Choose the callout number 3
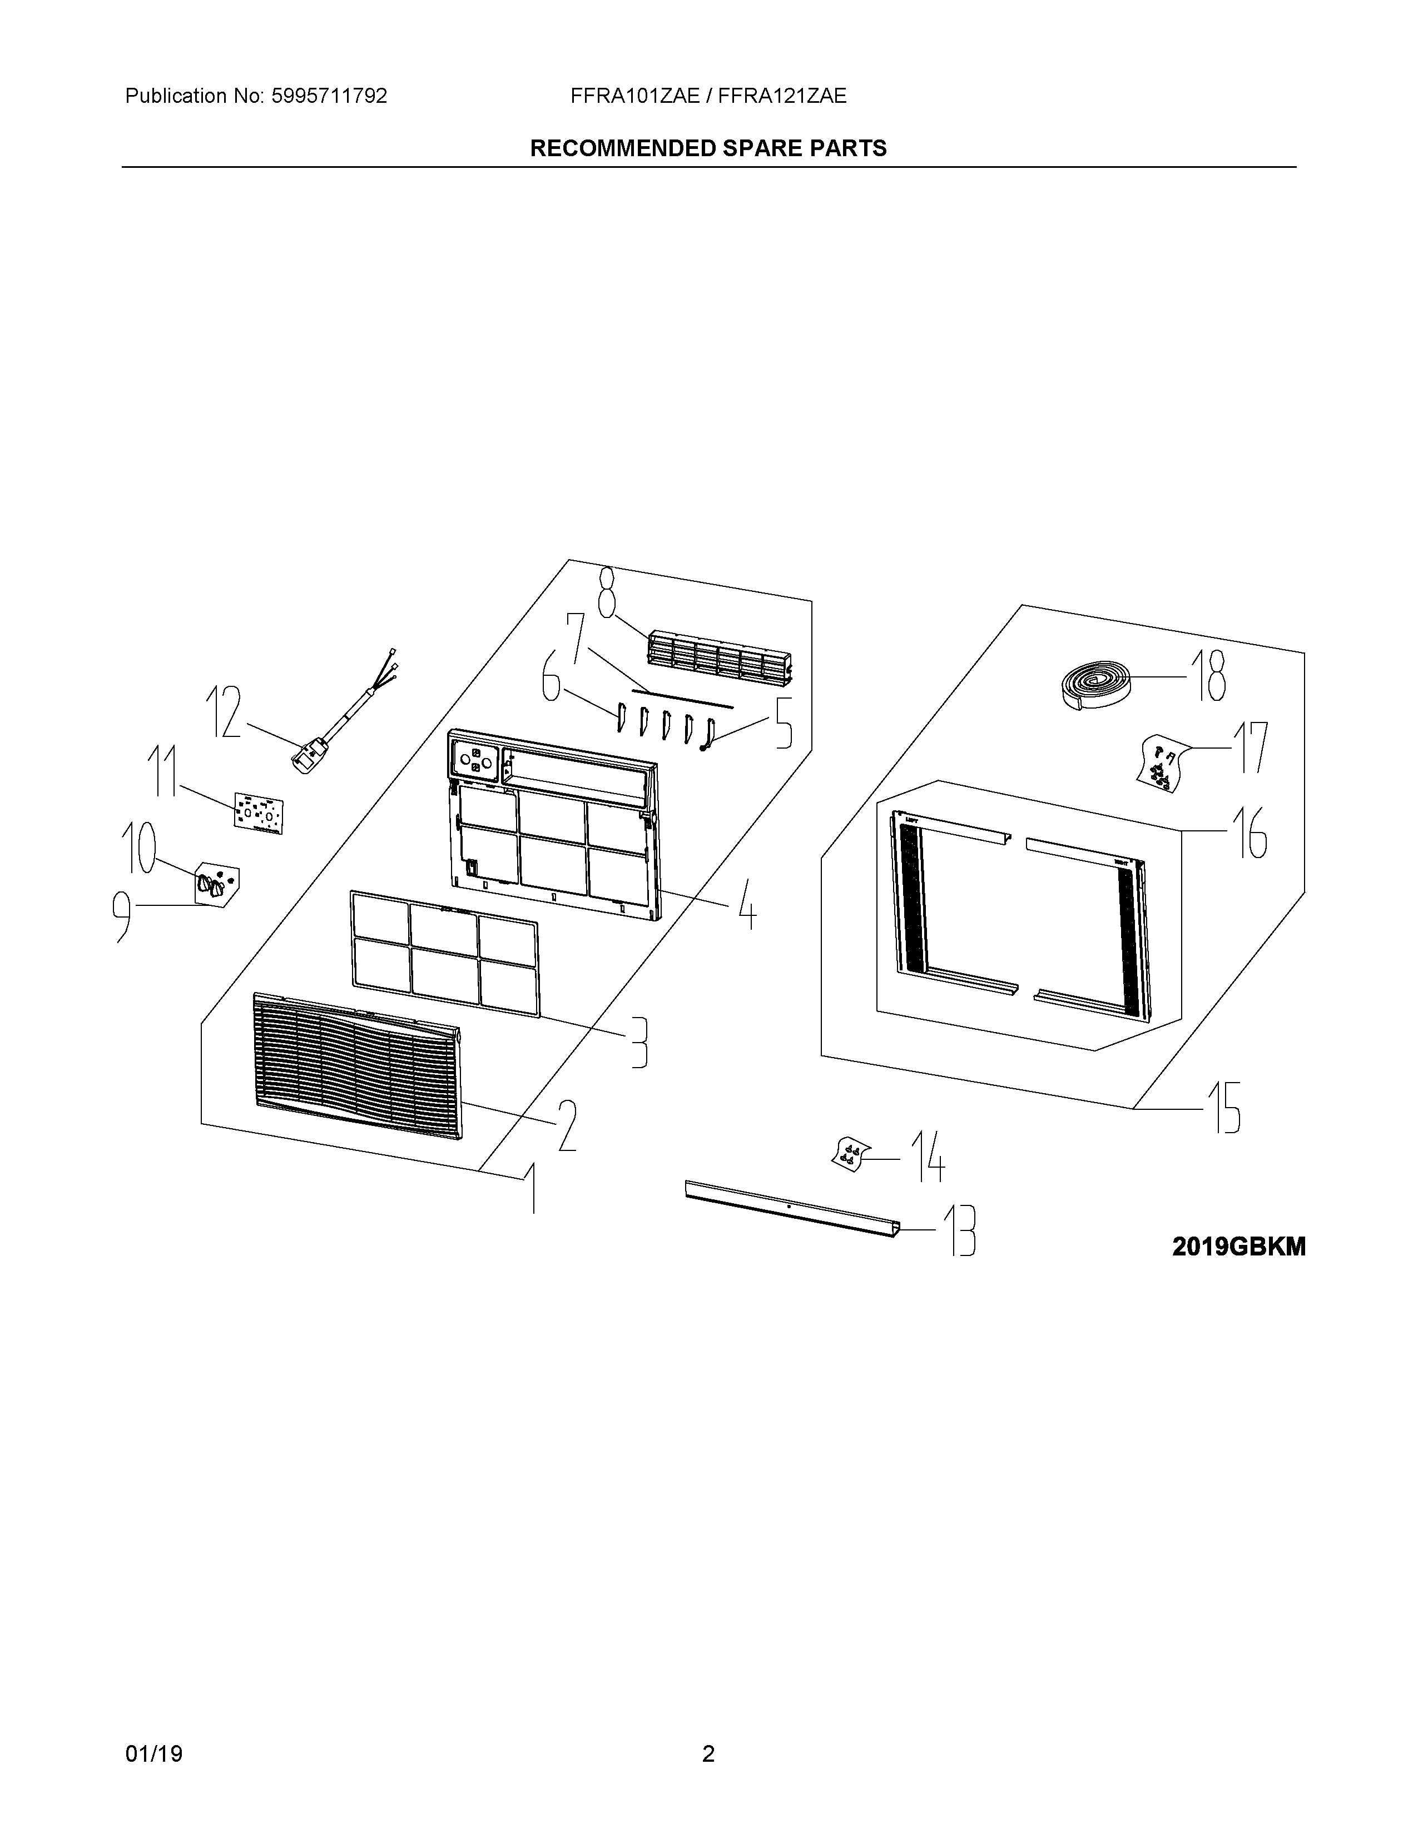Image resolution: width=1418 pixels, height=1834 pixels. [x=639, y=1042]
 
